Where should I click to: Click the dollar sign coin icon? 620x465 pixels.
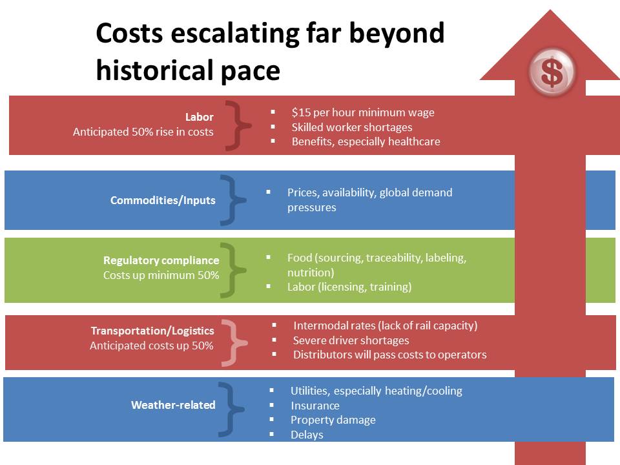pyautogui.click(x=552, y=72)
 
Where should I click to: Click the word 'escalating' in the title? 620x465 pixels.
pyautogui.click(x=235, y=34)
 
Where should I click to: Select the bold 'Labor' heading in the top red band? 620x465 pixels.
pyautogui.click(x=200, y=117)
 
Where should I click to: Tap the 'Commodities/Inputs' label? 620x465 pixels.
pyautogui.click(x=163, y=200)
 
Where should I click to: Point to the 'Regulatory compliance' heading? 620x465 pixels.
pyautogui.click(x=161, y=260)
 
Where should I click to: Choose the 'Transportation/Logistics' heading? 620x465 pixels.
pyautogui.click(x=152, y=331)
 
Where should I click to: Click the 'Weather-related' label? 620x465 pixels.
pyautogui.click(x=173, y=405)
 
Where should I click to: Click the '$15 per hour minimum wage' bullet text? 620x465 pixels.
pyautogui.click(x=363, y=112)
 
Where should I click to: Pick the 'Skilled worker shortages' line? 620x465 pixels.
pyautogui.click(x=352, y=127)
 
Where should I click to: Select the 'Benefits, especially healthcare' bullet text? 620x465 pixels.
pyautogui.click(x=366, y=141)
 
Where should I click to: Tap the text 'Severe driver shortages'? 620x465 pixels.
pyautogui.click(x=351, y=340)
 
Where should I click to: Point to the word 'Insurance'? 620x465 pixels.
pyautogui.click(x=315, y=406)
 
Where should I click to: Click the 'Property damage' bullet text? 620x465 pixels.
pyautogui.click(x=333, y=420)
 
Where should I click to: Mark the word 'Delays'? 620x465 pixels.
pyautogui.click(x=307, y=435)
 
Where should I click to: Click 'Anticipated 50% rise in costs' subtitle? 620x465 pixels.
pyautogui.click(x=143, y=132)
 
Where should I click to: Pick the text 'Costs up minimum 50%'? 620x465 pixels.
pyautogui.click(x=161, y=275)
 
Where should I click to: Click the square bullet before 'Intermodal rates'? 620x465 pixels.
pyautogui.click(x=274, y=325)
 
